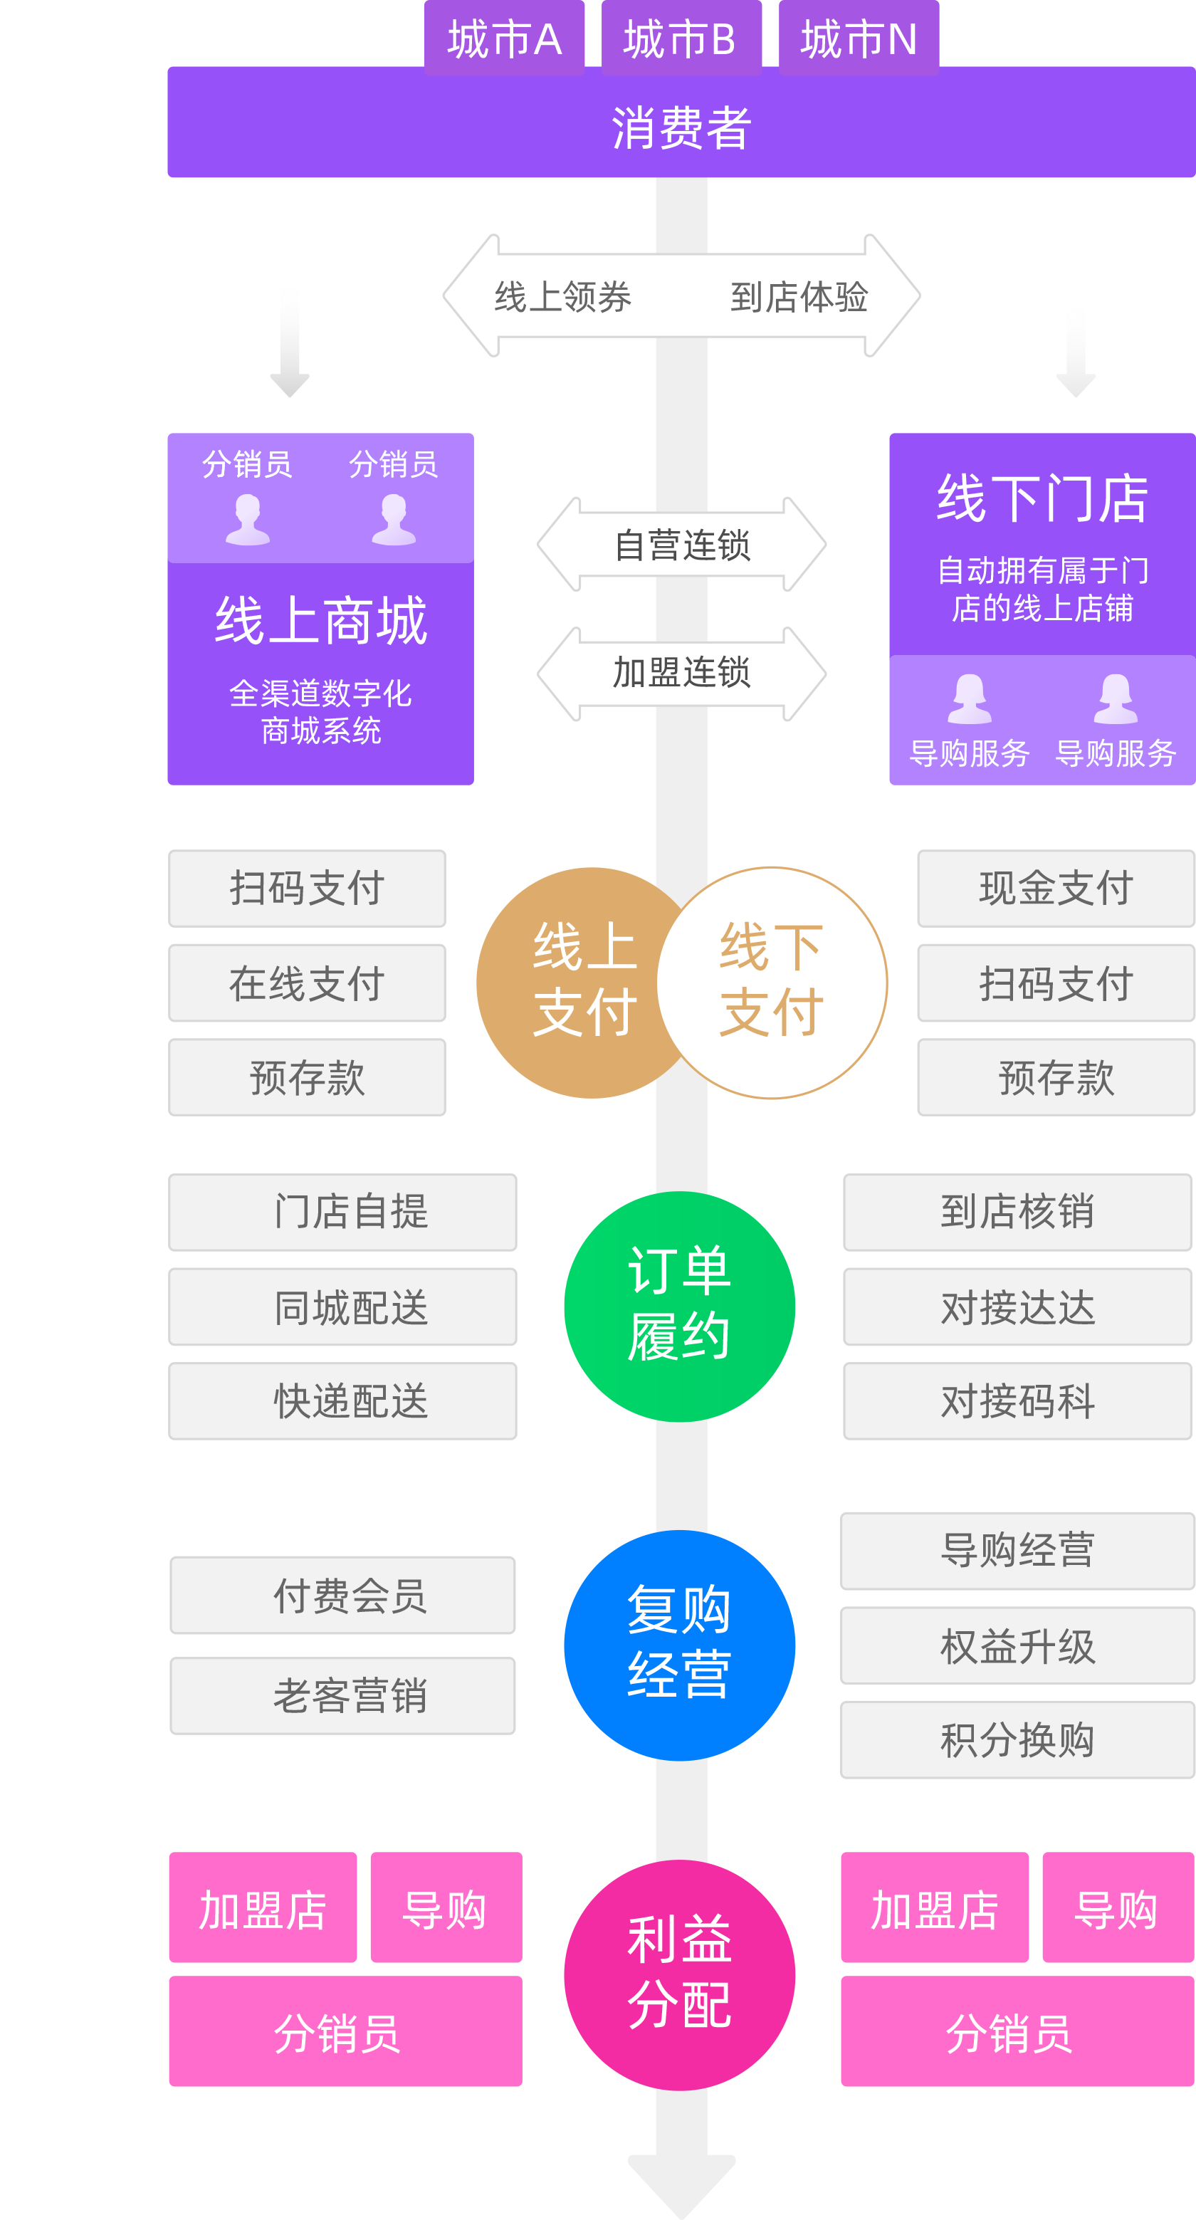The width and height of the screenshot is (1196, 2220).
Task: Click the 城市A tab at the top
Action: (x=504, y=38)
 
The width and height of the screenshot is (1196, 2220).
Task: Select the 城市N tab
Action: (x=859, y=38)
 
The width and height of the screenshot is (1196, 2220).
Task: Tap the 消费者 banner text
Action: (x=681, y=127)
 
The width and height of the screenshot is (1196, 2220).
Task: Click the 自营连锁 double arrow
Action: (x=681, y=545)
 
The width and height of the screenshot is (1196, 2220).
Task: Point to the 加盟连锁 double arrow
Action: (x=681, y=673)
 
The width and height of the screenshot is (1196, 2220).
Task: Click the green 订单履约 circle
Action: (x=679, y=1306)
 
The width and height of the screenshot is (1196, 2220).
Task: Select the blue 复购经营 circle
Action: (x=679, y=1644)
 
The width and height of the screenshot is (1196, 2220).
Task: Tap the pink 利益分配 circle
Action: (x=679, y=1974)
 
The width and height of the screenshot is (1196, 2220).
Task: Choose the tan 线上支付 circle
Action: (x=577, y=982)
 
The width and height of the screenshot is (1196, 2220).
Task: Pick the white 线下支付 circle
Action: (x=772, y=982)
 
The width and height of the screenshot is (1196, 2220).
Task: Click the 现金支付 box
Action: (x=1056, y=889)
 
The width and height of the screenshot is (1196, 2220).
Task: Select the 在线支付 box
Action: (x=307, y=983)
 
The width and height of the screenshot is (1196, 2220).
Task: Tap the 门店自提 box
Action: (x=343, y=1212)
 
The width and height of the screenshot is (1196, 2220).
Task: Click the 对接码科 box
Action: (x=1017, y=1400)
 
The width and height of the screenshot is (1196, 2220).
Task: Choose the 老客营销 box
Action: (x=343, y=1695)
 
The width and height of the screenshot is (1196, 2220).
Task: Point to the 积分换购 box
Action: (x=1017, y=1739)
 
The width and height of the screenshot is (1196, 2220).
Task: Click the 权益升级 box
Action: (x=1017, y=1646)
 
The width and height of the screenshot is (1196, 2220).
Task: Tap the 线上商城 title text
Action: (x=320, y=620)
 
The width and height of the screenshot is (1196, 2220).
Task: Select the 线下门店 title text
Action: (x=1043, y=499)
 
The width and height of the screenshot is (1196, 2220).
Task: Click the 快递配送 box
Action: (x=343, y=1400)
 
